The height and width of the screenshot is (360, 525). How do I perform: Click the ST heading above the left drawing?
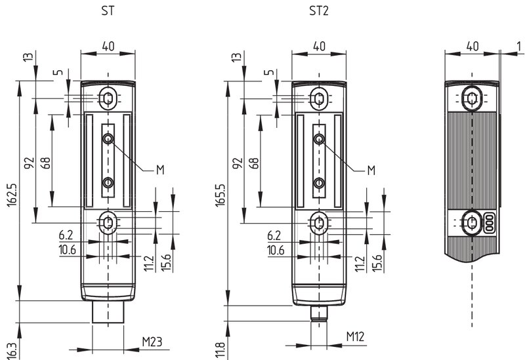coord(108,11)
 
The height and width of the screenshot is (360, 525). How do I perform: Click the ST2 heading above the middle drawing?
coord(319,11)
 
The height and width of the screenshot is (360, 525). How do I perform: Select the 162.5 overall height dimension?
coord(12,194)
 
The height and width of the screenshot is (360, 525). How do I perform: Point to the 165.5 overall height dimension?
coord(220,195)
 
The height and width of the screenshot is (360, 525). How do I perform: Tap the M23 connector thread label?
coord(152,342)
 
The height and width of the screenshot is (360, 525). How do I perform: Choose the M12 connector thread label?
coord(355,336)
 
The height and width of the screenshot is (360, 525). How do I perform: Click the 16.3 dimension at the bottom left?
coord(12,351)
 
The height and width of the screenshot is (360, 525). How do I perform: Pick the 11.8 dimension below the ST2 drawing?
coord(220,350)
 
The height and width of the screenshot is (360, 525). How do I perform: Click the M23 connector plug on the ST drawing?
coord(108,312)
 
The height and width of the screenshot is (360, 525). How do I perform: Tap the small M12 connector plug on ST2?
coord(319,313)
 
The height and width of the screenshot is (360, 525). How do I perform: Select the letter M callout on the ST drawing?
coord(160,170)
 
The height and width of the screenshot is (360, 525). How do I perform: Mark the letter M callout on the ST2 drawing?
coord(371,170)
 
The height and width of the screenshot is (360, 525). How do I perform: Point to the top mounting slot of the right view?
coord(472,98)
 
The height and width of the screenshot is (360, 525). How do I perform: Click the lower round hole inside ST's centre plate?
coord(108,183)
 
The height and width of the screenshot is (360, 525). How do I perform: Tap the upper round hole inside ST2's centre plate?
coord(319,138)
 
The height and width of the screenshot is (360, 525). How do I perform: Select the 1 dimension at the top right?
coord(519,47)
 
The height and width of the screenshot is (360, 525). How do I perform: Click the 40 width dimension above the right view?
coord(472,47)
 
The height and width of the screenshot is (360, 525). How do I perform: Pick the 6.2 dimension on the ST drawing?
coord(66,235)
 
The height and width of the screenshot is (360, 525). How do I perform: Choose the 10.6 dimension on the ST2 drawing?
coord(276,250)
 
